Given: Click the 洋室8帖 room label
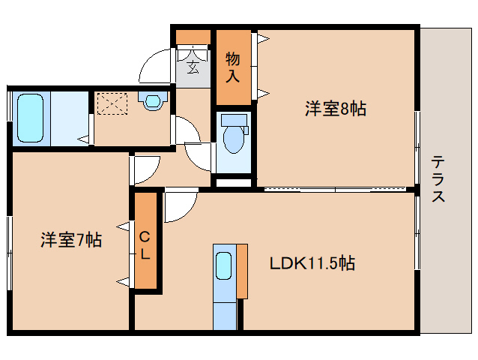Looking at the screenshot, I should [x=335, y=109].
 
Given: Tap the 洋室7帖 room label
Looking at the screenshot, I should [x=71, y=240].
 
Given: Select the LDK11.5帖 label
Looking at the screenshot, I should [x=312, y=263].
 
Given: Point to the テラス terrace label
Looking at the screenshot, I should [x=439, y=180].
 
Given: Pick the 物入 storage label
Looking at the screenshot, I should [x=233, y=67].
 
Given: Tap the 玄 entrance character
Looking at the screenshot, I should [x=193, y=69].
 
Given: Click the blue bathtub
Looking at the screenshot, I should [x=31, y=118].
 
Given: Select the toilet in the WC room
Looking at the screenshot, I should [x=235, y=134].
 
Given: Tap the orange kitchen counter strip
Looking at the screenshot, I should [x=242, y=270].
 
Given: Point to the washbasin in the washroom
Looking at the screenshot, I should [x=153, y=100].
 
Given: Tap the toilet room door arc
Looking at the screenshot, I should [x=199, y=156].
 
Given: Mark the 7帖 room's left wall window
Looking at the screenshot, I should [x=9, y=251].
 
